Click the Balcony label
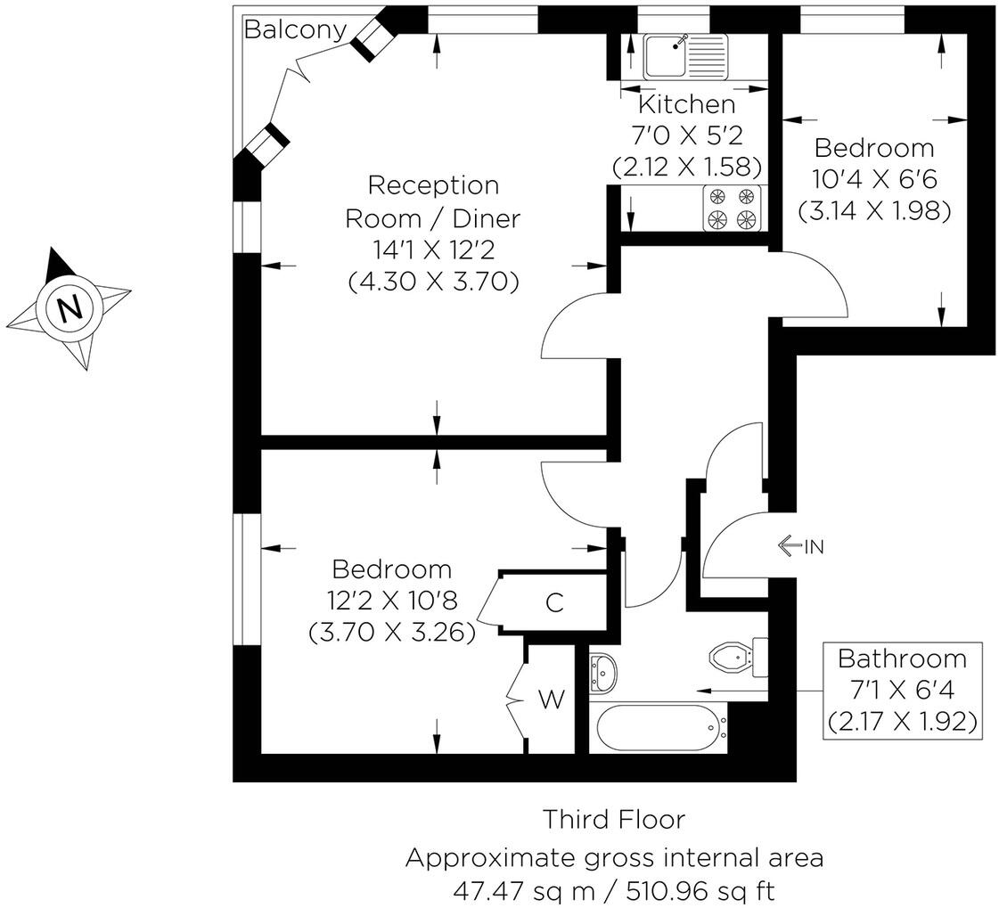pyautogui.click(x=296, y=30)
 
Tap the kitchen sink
pyautogui.click(x=685, y=55)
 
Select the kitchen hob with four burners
pyautogui.click(x=732, y=208)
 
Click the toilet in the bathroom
pyautogui.click(x=739, y=657)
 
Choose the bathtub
pyautogui.click(x=659, y=727)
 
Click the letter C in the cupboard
pyautogui.click(x=555, y=602)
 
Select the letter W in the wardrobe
pyautogui.click(x=552, y=699)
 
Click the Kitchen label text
pyautogui.click(x=687, y=104)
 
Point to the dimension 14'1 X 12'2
pyautogui.click(x=433, y=249)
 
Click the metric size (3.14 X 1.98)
pyautogui.click(x=875, y=210)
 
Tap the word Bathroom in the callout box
pyautogui.click(x=902, y=659)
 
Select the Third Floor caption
pyautogui.click(x=614, y=819)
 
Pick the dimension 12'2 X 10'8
pyautogui.click(x=392, y=601)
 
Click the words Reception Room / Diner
pyautogui.click(x=432, y=202)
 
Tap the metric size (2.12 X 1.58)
pyautogui.click(x=687, y=167)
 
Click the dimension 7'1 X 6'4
pyautogui.click(x=902, y=690)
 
